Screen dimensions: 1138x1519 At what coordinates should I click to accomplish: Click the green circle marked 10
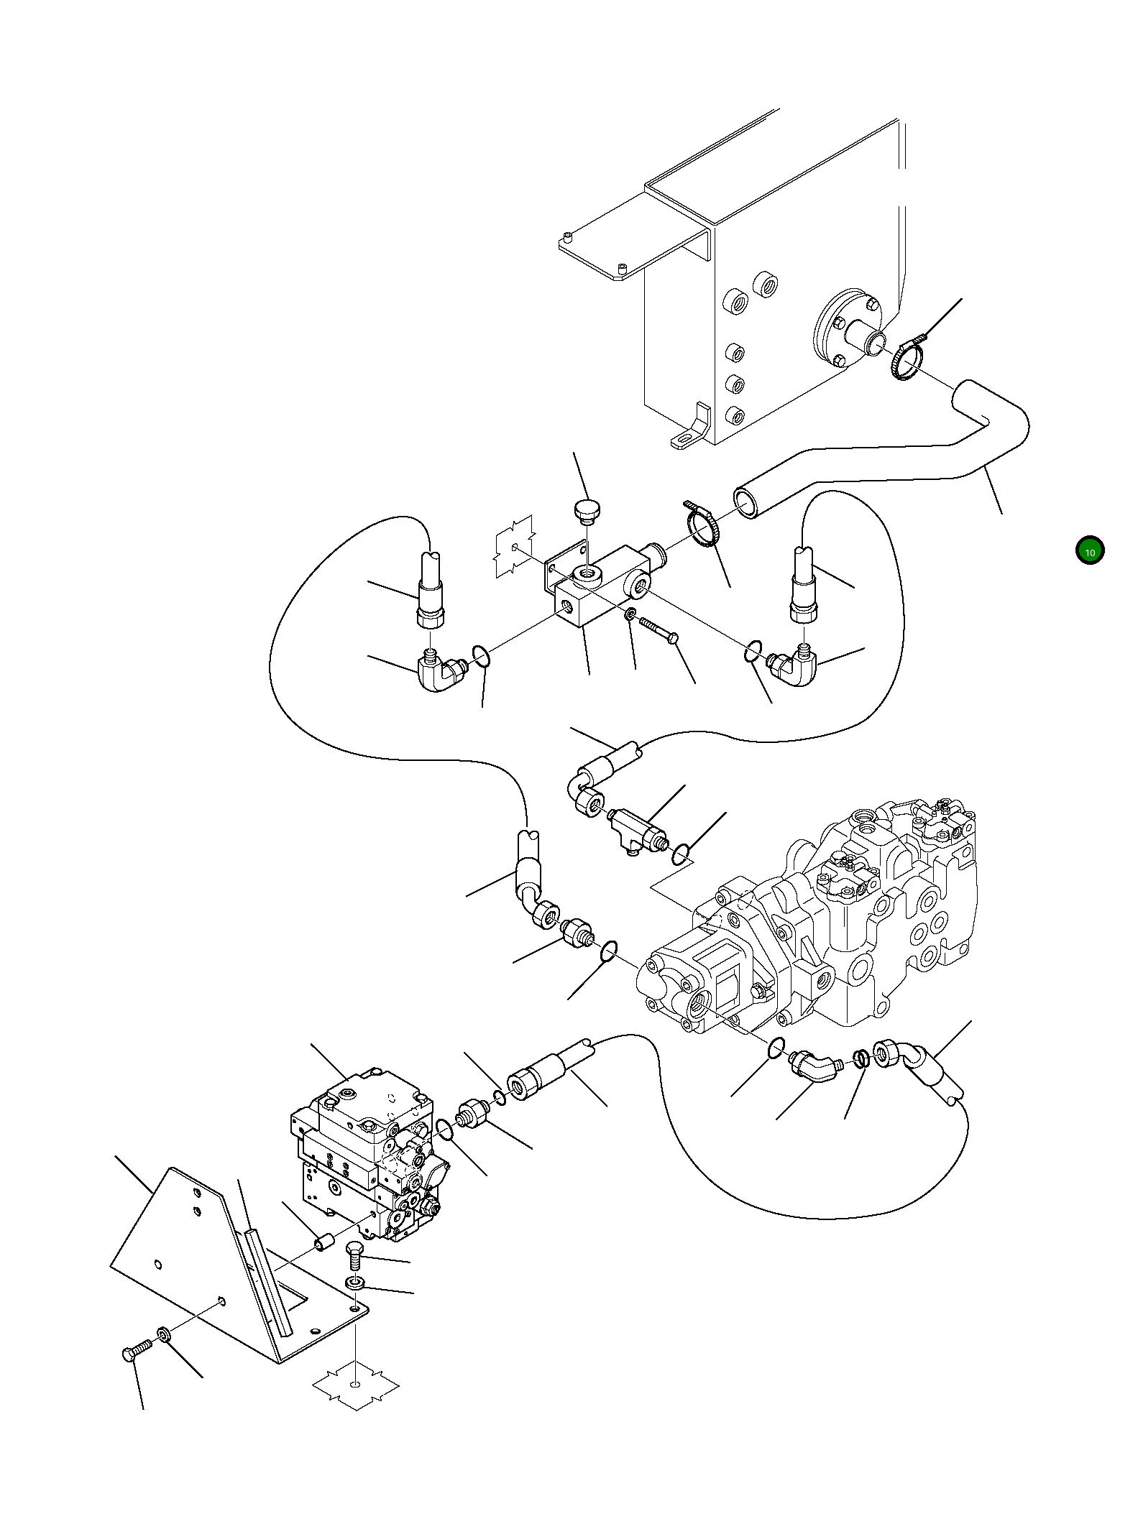[x=1089, y=550]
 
